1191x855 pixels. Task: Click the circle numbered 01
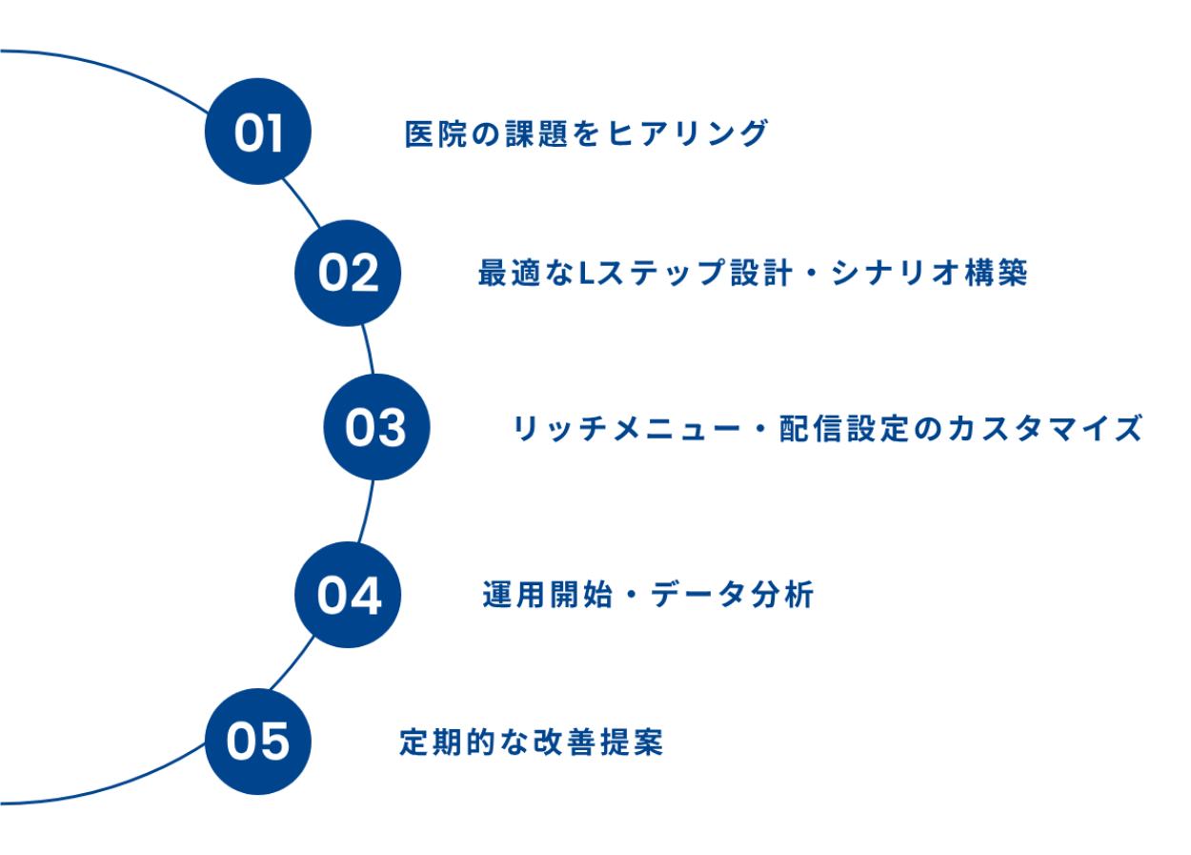258,132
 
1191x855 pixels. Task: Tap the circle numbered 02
349,274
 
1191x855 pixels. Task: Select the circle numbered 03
376,428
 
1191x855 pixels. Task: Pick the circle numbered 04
349,595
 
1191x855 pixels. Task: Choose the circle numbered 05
258,741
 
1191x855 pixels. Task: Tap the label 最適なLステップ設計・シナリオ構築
753,273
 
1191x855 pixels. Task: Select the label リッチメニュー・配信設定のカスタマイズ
828,428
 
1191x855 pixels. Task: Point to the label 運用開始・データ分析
647,595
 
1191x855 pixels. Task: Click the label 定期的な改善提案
530,742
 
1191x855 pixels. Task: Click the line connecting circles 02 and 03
369,349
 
